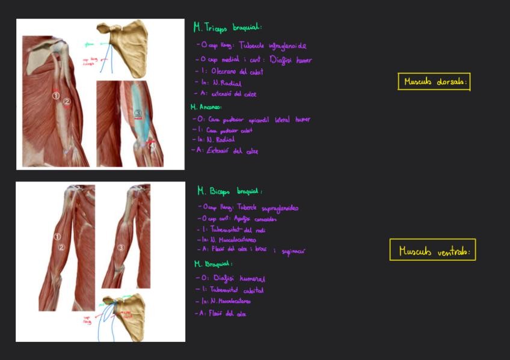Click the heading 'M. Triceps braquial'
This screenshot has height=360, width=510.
coord(227,28)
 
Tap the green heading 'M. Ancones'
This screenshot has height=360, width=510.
coord(206,107)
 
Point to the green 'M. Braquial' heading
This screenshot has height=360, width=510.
coord(214,264)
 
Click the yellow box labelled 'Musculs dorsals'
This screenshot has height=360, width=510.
coord(434,82)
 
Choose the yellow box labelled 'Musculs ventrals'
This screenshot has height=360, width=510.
coord(432,251)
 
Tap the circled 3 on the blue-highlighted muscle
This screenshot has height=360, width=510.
coord(138,113)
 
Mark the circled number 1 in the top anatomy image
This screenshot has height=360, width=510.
coord(55,95)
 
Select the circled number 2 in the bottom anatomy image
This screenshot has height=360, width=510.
coord(61,247)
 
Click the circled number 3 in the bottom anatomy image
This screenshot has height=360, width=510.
coord(121,247)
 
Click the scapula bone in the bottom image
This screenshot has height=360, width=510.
coord(129,316)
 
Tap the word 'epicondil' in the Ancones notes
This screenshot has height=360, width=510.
coord(257,120)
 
